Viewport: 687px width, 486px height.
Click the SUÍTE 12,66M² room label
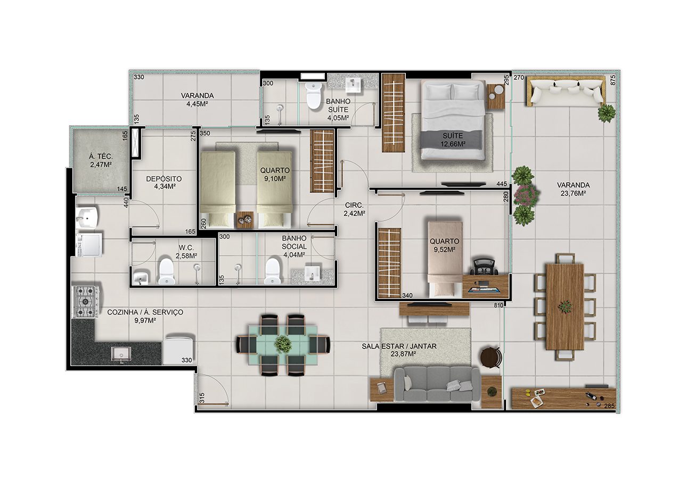pos(453,140)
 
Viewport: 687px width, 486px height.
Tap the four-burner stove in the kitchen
pos(86,302)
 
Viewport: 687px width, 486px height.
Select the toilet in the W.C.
pos(166,271)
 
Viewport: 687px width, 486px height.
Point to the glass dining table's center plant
pos(283,345)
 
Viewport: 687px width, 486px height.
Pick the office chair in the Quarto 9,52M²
pos(484,267)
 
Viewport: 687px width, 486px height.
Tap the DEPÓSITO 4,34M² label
pos(164,182)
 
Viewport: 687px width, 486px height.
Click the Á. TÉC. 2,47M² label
pos(101,161)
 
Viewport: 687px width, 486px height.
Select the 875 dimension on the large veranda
pos(612,80)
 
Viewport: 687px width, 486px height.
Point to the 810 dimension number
pos(498,305)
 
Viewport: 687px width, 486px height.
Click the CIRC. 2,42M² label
pos(354,209)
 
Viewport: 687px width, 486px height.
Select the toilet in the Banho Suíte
pos(314,95)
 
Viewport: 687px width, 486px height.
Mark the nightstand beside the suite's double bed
pos(496,96)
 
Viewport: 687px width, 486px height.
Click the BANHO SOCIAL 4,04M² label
pos(294,246)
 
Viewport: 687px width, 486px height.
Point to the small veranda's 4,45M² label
pos(197,104)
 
